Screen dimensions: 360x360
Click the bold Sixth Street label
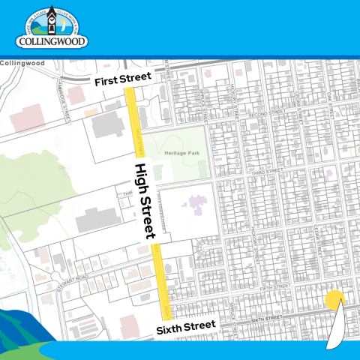(186, 328)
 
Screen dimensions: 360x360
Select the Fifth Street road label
(277, 286)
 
